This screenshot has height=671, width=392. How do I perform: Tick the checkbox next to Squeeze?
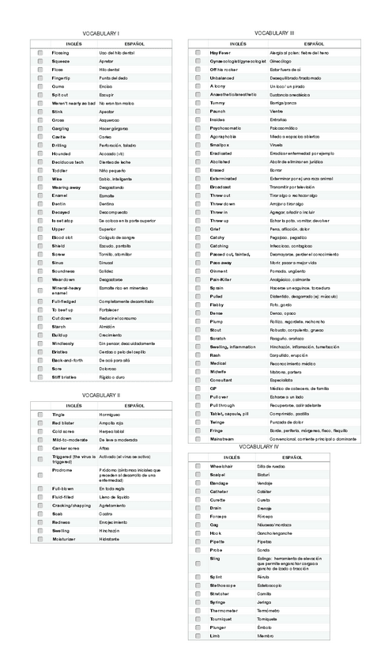(40, 61)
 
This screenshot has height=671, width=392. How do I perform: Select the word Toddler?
(59, 170)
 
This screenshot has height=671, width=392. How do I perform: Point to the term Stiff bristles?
(65, 377)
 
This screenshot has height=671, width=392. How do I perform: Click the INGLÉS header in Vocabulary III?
(237, 44)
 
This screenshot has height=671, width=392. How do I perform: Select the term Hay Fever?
(220, 52)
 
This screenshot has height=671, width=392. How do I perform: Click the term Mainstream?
(223, 438)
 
